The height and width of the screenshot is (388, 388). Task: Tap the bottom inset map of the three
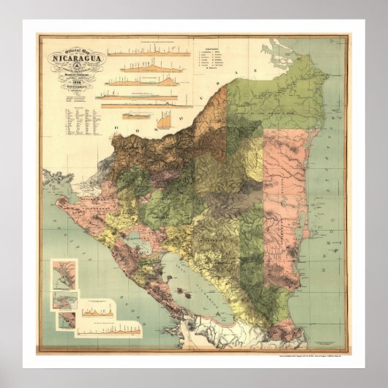click(66, 320)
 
